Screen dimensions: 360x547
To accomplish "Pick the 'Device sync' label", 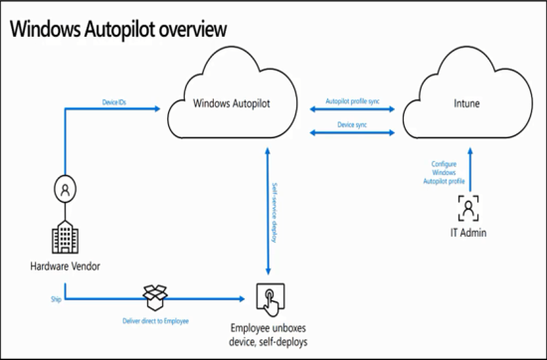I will tap(353, 125).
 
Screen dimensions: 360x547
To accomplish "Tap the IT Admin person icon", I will tap(466, 208).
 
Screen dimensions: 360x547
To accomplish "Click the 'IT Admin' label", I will tap(466, 234).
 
